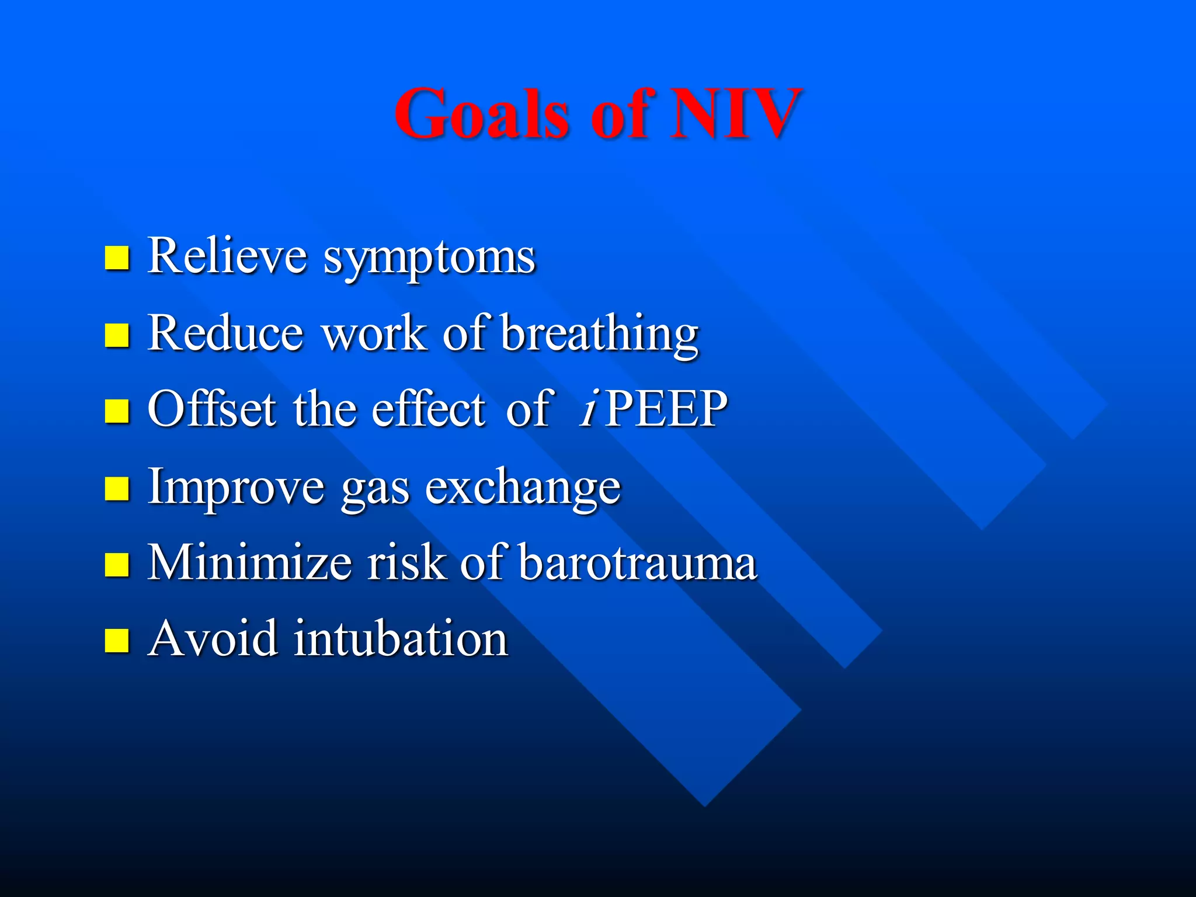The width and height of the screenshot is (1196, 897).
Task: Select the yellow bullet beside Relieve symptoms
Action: click(x=117, y=258)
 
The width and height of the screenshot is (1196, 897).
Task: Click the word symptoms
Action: click(x=429, y=258)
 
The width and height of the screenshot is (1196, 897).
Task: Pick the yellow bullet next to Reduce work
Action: click(x=117, y=335)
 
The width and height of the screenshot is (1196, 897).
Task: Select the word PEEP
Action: click(x=666, y=409)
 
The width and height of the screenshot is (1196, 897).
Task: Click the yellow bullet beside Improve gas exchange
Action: click(x=117, y=489)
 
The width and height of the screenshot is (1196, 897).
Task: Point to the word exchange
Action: click(x=523, y=488)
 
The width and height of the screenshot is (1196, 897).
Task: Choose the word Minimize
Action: click(x=249, y=562)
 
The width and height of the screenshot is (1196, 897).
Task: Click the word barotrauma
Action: click(x=638, y=562)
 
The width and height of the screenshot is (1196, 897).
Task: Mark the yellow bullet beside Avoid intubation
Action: click(x=117, y=640)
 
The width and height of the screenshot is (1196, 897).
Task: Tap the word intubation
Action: click(x=401, y=639)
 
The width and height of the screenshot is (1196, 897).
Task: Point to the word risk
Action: click(x=406, y=562)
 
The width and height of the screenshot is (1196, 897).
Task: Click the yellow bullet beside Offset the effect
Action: click(x=117, y=411)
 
